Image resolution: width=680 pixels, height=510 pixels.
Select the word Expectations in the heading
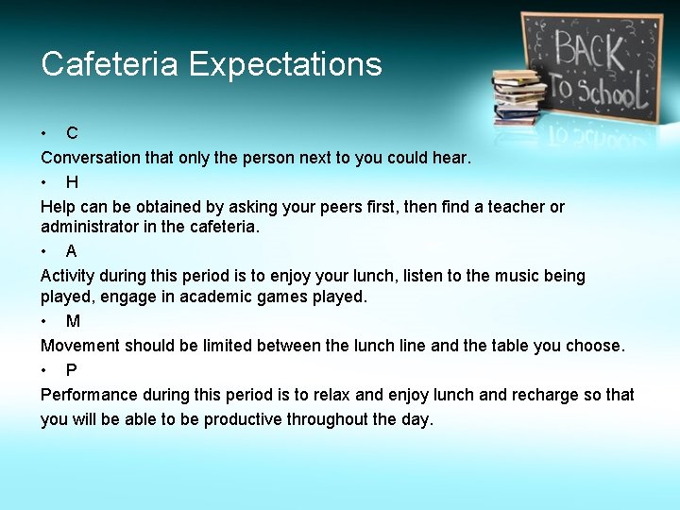[x=285, y=64]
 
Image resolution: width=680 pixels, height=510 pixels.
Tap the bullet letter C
[x=72, y=134]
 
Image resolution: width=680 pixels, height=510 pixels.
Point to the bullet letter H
[x=72, y=182]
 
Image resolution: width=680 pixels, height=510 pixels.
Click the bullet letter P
[x=72, y=370]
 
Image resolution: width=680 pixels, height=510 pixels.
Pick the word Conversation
[x=91, y=159]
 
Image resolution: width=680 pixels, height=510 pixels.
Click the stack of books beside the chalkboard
[x=518, y=96]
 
